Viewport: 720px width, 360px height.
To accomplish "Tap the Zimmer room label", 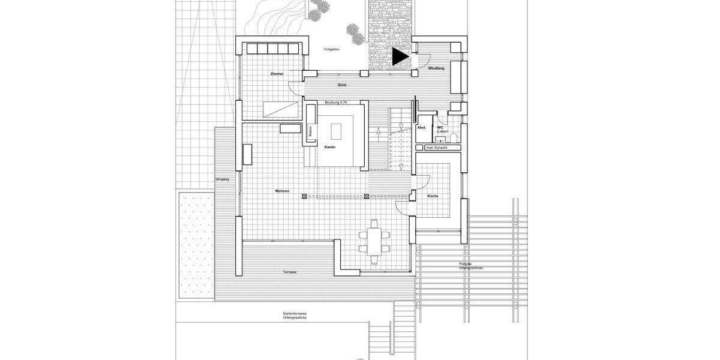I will click(277, 74).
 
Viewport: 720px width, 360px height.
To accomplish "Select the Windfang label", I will click(436, 70).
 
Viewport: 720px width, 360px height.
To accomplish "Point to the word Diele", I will click(342, 85).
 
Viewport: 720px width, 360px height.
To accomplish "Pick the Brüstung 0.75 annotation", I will click(336, 103).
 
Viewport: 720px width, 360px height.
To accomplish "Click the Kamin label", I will click(329, 147).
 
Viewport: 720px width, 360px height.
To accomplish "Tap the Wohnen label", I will click(282, 191).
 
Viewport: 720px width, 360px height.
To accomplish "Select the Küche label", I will click(433, 196).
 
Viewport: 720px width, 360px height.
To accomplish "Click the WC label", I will click(440, 127).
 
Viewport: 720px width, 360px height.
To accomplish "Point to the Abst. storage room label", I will click(422, 127).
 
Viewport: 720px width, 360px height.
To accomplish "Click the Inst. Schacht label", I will click(437, 147).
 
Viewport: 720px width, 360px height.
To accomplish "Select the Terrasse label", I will click(290, 272).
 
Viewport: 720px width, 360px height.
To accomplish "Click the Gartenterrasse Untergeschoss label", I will click(295, 315).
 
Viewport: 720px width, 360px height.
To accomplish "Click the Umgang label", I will click(223, 179).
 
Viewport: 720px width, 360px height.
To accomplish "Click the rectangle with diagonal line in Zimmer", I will click(280, 109).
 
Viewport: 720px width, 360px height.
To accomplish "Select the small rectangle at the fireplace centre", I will click(335, 130).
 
